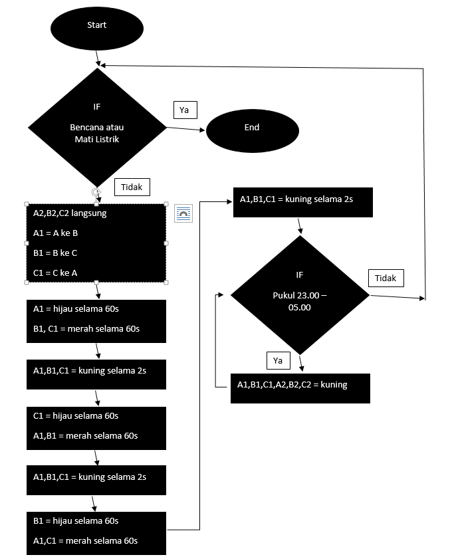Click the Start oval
point(97,26)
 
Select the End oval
point(251,128)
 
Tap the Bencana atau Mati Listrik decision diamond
point(97,126)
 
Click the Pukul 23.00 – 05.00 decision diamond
point(300,292)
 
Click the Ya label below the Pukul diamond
point(278,360)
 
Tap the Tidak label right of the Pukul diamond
point(386,278)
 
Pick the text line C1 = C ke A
point(56,273)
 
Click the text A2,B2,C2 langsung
point(70,213)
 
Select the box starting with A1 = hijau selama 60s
point(96,321)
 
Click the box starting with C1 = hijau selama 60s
point(96,426)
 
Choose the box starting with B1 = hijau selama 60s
point(96,531)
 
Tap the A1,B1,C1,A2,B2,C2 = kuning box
point(300,388)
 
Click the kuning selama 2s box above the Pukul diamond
point(302,202)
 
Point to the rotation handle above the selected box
point(96,191)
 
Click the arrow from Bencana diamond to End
point(186,128)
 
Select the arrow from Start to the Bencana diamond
point(98,58)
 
